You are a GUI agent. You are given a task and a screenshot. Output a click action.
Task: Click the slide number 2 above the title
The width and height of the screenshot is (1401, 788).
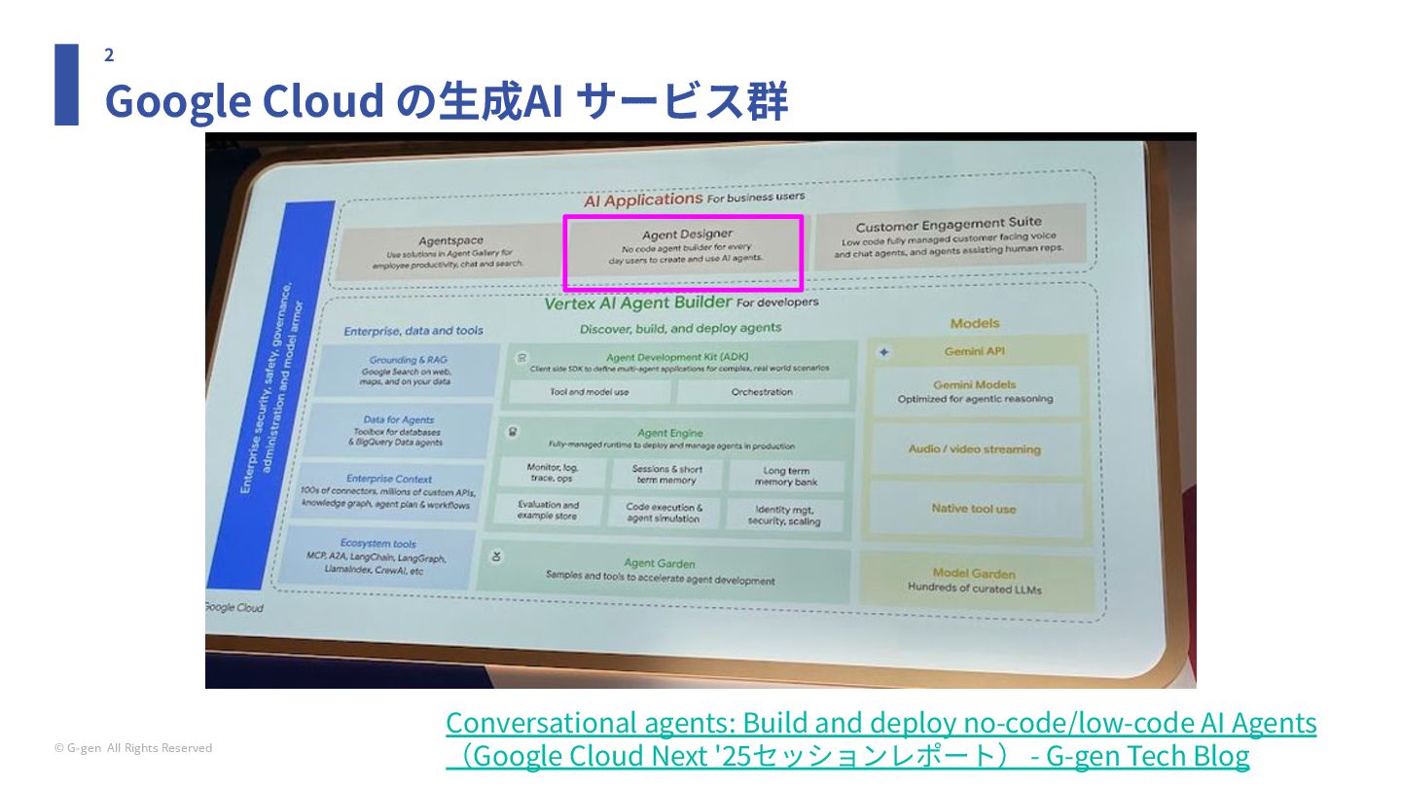109,55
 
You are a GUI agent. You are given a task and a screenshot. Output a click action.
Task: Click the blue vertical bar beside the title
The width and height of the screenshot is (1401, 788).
66,85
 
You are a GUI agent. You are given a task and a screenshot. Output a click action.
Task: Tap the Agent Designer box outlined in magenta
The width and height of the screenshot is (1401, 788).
683,252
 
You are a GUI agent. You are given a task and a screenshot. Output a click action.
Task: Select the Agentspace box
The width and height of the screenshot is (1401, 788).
450,251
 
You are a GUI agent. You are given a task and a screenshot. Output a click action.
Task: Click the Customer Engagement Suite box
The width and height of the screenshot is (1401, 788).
949,236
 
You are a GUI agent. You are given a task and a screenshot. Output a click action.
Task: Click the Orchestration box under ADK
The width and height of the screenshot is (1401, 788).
762,392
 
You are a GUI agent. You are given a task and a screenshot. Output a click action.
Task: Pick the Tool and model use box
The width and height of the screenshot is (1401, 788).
589,392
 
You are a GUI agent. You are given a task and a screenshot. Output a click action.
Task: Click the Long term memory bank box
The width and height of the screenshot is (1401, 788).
785,476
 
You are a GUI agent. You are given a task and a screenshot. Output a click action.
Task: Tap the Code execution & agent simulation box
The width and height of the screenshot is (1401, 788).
664,513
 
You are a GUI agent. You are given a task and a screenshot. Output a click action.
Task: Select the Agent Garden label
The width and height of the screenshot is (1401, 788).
660,563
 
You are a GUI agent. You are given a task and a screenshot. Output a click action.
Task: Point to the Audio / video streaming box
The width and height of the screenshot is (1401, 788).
974,449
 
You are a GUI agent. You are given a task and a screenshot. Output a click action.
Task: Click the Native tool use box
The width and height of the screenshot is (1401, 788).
973,509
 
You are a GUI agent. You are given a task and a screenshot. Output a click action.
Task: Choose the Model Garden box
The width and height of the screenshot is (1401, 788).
974,581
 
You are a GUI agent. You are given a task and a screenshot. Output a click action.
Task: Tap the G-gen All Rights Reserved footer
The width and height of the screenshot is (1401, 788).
133,748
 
